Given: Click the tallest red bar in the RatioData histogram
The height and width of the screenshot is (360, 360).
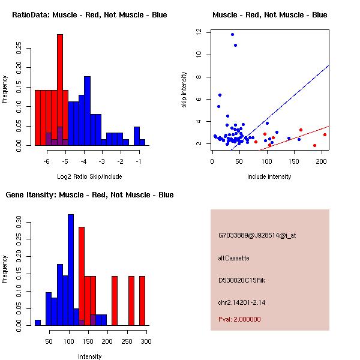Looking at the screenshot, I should click(60, 90).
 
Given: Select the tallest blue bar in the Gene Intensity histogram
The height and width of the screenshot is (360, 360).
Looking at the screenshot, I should click(71, 270).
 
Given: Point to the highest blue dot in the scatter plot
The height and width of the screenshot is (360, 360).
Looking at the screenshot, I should click(232, 34).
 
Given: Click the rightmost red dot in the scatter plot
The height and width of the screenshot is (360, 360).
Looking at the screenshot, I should click(325, 134).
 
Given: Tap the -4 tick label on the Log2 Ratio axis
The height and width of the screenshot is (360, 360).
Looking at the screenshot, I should click(84, 161).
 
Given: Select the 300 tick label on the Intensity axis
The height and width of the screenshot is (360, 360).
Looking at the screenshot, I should click(146, 341).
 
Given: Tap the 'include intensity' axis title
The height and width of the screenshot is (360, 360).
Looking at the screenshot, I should click(269, 176).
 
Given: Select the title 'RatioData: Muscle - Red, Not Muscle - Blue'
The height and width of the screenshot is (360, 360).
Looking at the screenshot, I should click(89, 14).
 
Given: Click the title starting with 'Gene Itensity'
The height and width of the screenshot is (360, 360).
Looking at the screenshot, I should click(89, 194).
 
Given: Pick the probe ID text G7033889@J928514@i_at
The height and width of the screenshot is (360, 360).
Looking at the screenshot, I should click(257, 235).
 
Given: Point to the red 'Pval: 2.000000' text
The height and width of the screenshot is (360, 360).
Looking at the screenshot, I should click(239, 319).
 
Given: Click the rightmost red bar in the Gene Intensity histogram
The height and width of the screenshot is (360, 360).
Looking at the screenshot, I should click(142, 301).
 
